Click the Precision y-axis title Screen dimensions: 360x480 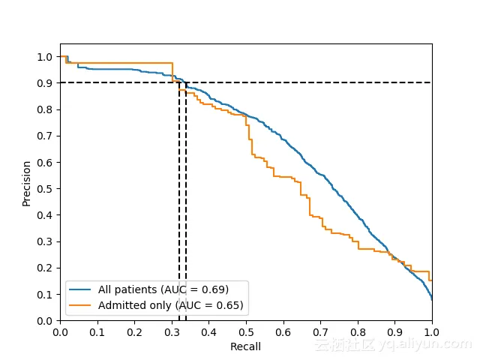click(27, 183)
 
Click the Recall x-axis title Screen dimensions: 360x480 click(245, 346)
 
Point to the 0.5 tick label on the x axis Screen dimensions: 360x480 click(246, 331)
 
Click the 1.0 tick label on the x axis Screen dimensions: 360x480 click(432, 331)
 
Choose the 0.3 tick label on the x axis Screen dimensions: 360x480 click(172, 331)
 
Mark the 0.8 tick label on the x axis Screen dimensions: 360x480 click(358, 331)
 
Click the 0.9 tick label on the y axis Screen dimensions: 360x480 click(45, 83)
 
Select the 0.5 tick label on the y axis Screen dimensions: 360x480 click(45, 189)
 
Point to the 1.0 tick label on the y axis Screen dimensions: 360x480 click(45, 57)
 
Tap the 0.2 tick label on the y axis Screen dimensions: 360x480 click(45, 268)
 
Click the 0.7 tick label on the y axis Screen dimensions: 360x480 click(45, 136)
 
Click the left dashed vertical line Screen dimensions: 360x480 click(179, 225)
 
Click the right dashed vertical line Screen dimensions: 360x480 click(186, 225)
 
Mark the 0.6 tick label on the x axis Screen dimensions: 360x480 click(283, 331)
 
